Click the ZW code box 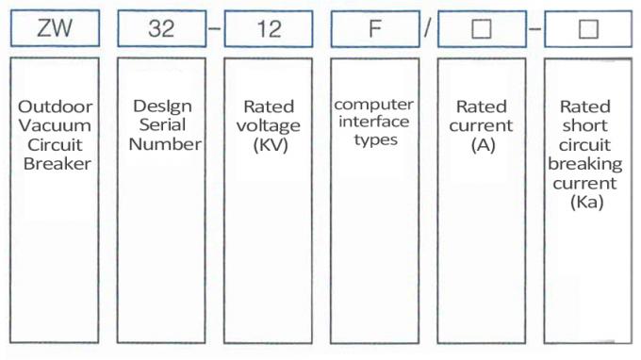[56, 29]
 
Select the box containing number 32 [161, 29]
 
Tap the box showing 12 [269, 29]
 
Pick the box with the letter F [374, 29]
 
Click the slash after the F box [427, 29]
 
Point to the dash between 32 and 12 [215, 29]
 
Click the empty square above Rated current [481, 29]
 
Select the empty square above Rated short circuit [588, 29]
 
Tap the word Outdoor [56, 106]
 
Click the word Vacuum [56, 125]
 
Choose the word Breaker [56, 163]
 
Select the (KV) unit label [269, 144]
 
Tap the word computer [374, 104]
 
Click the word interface [374, 122]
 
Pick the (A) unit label [481, 144]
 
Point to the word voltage [269, 125]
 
